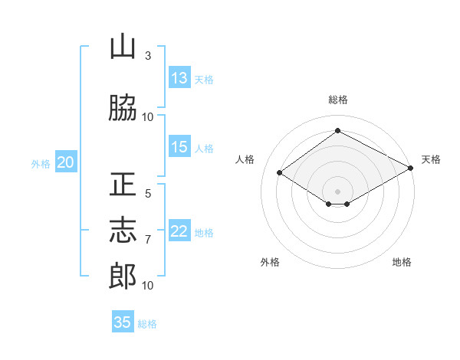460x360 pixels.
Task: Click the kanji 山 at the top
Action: (x=123, y=47)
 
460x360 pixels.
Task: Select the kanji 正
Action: (x=123, y=185)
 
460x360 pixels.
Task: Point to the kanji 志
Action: (x=123, y=231)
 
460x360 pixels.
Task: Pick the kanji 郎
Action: (x=123, y=277)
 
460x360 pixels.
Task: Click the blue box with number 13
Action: (x=179, y=78)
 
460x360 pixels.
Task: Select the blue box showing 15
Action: (x=179, y=148)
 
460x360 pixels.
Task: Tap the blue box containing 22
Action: (x=179, y=232)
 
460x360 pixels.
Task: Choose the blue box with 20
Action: (x=66, y=162)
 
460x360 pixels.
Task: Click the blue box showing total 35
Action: (x=123, y=322)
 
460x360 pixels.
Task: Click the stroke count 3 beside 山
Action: (x=148, y=56)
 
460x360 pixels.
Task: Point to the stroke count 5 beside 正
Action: (x=148, y=194)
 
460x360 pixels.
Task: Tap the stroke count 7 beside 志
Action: (x=148, y=240)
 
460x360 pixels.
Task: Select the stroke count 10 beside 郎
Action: (x=148, y=286)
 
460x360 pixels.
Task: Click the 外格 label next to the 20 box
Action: (x=41, y=163)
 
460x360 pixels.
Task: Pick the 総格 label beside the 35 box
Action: (x=147, y=323)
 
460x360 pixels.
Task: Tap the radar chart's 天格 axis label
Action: (x=431, y=159)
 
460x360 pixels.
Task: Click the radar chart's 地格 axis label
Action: (x=402, y=262)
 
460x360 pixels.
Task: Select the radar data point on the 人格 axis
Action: (x=280, y=173)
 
